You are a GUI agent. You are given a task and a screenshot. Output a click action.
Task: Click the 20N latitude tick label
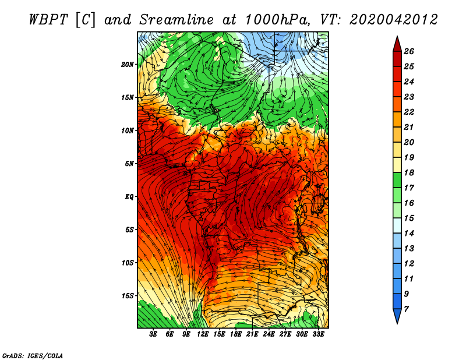(x=128, y=65)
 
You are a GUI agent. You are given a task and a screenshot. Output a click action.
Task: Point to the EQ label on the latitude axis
(x=129, y=197)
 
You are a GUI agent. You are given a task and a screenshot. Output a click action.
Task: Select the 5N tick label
(x=129, y=164)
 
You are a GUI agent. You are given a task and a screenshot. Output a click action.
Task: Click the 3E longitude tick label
(x=153, y=334)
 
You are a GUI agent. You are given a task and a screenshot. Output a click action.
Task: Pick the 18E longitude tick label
(x=236, y=334)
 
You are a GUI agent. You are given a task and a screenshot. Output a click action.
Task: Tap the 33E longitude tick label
(x=318, y=334)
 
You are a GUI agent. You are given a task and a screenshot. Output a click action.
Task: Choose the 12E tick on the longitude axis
(x=203, y=334)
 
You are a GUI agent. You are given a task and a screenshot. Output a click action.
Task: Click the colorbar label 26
(x=409, y=51)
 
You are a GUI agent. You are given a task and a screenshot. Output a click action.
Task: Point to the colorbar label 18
(x=409, y=172)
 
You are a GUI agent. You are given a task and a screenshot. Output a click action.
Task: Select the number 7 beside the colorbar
(x=407, y=309)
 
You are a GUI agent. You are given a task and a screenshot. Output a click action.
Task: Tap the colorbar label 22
(x=409, y=112)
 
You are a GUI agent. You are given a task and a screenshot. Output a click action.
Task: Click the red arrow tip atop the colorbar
(x=397, y=36)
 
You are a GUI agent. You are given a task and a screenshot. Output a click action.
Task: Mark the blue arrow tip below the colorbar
(x=397, y=323)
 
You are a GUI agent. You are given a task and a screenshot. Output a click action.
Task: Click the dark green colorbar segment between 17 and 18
(x=397, y=180)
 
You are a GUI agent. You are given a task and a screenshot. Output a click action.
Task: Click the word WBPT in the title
(x=49, y=20)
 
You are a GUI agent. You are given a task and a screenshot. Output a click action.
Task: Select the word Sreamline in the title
(x=176, y=20)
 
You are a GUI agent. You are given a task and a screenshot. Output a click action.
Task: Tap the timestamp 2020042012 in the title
(x=393, y=20)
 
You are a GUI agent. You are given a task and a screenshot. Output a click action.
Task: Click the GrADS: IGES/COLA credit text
(x=33, y=356)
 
